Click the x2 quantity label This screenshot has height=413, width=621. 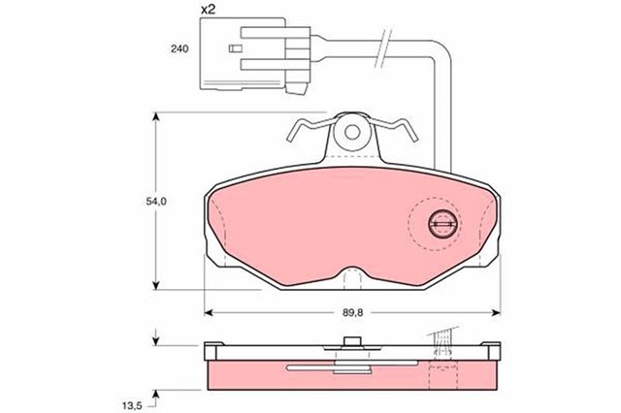(208, 9)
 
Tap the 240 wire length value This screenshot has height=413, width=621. (180, 49)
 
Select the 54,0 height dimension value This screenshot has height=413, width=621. (156, 202)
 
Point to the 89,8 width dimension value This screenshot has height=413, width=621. (353, 312)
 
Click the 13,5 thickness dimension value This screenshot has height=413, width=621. (132, 404)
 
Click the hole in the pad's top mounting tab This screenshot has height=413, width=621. (351, 132)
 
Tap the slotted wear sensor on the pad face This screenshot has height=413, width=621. (444, 224)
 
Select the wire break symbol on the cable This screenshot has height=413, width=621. (383, 48)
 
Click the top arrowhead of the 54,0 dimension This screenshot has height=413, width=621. (156, 116)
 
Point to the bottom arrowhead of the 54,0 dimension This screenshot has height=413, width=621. (156, 285)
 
